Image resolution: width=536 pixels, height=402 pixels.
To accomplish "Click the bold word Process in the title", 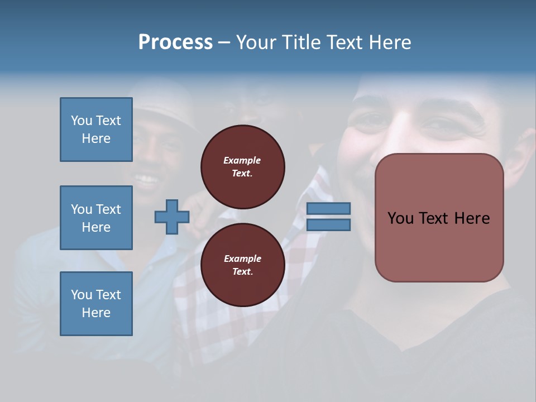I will click(175, 42).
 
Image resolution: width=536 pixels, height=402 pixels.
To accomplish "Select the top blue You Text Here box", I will click(96, 130).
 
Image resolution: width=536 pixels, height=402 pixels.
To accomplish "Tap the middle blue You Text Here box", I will click(96, 218).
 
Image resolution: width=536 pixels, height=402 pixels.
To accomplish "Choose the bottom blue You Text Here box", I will click(96, 304).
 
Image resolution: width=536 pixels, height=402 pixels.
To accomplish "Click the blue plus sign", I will click(172, 217).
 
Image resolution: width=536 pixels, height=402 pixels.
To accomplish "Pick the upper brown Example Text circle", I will click(243, 167).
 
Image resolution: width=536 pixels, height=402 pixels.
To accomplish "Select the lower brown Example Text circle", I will click(243, 265).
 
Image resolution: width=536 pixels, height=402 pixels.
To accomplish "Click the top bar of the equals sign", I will click(328, 209).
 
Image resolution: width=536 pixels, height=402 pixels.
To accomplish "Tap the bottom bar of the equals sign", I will click(328, 225).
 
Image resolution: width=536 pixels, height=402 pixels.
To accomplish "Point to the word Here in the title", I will click(390, 42).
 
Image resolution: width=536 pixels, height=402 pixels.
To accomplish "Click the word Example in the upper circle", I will click(242, 161).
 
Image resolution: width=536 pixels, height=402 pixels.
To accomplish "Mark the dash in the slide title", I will click(224, 42).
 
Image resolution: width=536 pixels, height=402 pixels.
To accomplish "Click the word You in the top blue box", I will click(81, 121).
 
